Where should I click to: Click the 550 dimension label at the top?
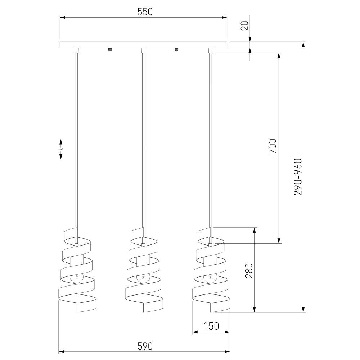tap(145, 12)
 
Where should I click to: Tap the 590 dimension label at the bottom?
tap(145, 346)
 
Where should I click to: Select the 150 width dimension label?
tap(211, 326)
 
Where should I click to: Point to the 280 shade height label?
tap(249, 270)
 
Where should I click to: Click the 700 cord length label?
tap(273, 146)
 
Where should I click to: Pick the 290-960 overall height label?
tap(298, 177)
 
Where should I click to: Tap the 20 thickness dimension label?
tap(245, 26)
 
